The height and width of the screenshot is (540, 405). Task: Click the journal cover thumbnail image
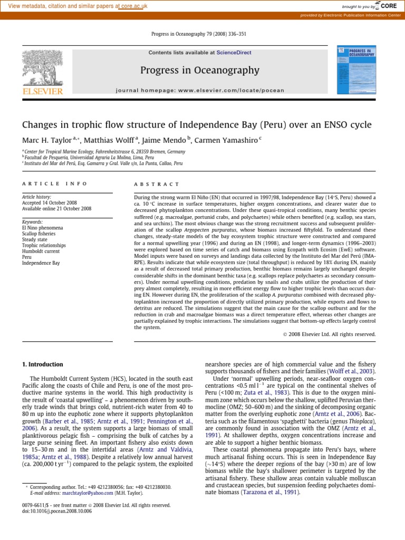pos(356,70)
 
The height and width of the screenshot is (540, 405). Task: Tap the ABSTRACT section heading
pos(157,184)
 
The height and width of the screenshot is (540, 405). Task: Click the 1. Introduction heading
pos(42,364)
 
